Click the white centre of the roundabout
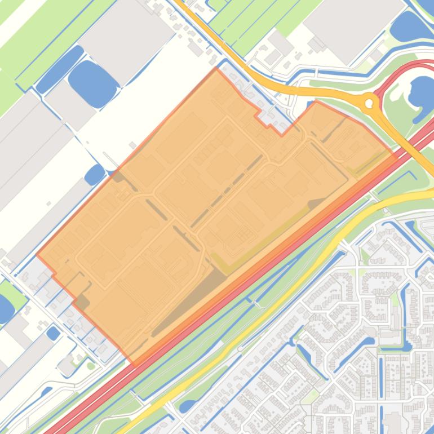pos(370,103)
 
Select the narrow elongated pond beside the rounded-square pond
pos(59,69)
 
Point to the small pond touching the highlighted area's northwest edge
pos(95,174)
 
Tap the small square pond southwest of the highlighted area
pos(53,333)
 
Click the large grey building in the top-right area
pos(349,28)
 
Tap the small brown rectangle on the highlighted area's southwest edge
pos(82,302)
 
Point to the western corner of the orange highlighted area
pos(37,255)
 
